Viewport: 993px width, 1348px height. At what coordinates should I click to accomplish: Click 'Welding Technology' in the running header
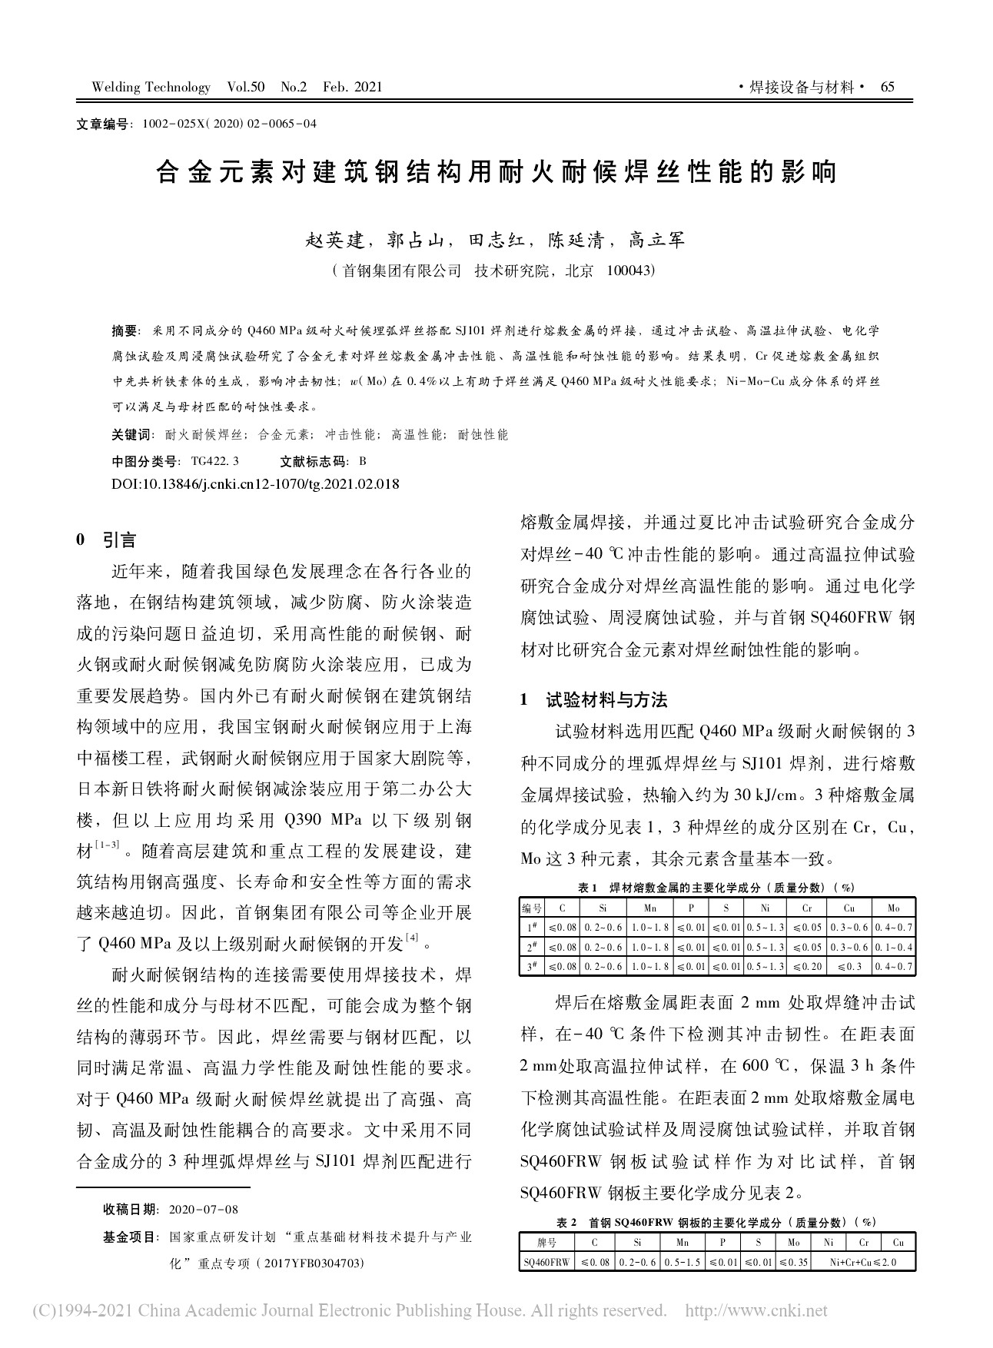click(151, 87)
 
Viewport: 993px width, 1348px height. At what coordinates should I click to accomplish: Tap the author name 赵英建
click(334, 241)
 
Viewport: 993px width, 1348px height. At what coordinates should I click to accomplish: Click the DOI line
click(255, 484)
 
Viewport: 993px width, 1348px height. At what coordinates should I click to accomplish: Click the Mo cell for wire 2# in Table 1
click(892, 947)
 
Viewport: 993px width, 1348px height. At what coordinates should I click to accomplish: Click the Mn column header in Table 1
click(650, 908)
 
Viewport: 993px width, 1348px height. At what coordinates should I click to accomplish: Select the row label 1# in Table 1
click(531, 928)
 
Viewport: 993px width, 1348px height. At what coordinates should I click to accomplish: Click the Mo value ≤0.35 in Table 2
click(794, 1262)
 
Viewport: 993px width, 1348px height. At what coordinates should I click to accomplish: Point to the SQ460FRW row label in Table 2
click(546, 1262)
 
